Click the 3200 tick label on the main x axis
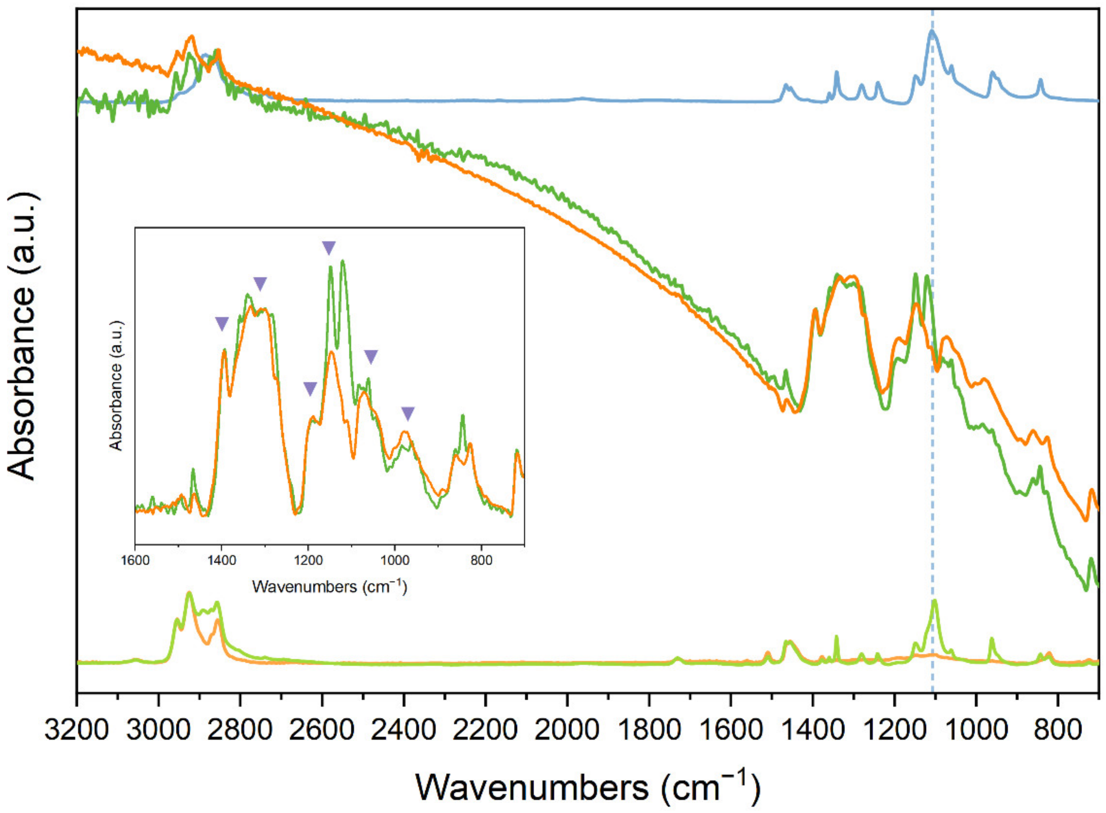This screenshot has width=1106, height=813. [76, 729]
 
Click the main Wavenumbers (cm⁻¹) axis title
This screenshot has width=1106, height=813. [588, 787]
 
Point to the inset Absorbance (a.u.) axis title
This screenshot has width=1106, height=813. [116, 386]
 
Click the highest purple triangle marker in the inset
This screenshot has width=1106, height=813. [328, 248]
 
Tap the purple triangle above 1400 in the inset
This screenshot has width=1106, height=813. [222, 323]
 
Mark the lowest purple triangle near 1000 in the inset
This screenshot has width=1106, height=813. [408, 414]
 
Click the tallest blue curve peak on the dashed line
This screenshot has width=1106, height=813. [932, 45]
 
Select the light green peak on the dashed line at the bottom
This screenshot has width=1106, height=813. [934, 602]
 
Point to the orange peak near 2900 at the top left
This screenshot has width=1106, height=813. [192, 36]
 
